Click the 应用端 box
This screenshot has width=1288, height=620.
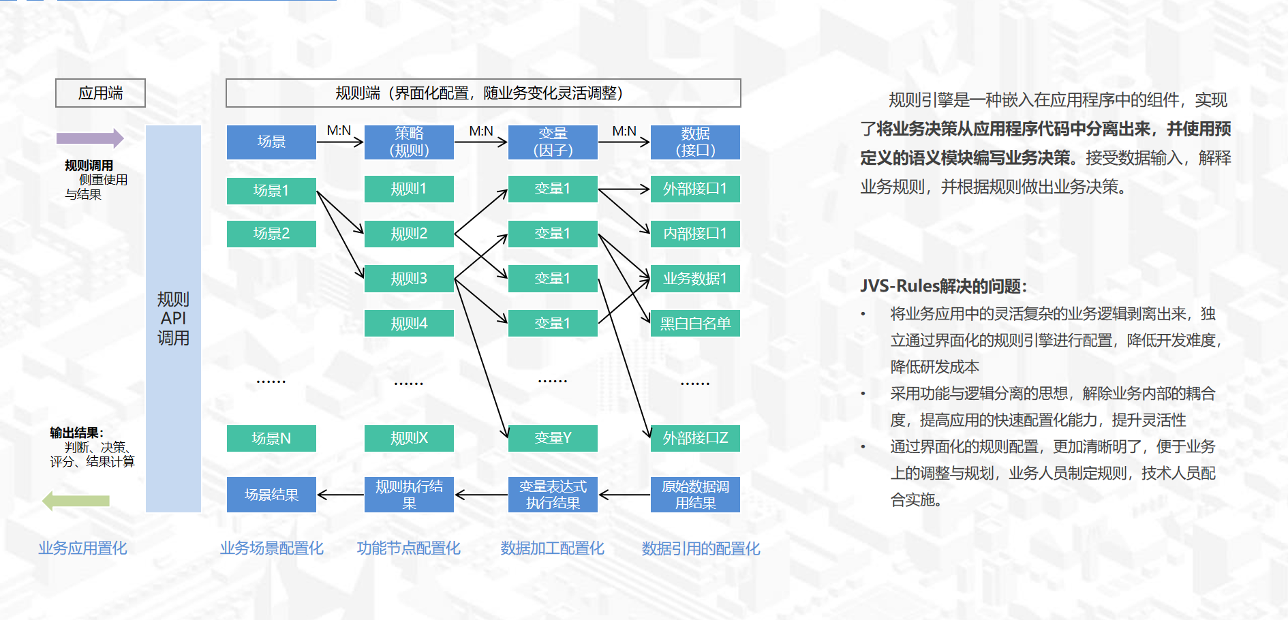pyautogui.click(x=100, y=93)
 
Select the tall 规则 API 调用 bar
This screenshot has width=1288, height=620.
pyautogui.click(x=173, y=318)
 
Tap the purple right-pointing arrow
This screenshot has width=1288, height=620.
pyautogui.click(x=89, y=138)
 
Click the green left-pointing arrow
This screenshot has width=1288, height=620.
pyautogui.click(x=76, y=501)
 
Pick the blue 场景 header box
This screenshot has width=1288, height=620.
pyautogui.click(x=271, y=142)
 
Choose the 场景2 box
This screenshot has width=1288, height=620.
pyautogui.click(x=271, y=234)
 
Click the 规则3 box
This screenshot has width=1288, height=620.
pyautogui.click(x=409, y=279)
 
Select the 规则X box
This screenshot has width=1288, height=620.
pyautogui.click(x=409, y=438)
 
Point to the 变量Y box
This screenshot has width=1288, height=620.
pyautogui.click(x=553, y=438)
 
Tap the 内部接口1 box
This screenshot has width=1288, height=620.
pyautogui.click(x=695, y=234)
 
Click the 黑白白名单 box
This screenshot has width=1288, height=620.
pyautogui.click(x=695, y=324)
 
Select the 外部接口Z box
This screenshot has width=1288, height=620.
pyautogui.click(x=695, y=438)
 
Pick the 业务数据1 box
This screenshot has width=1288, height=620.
pyautogui.click(x=695, y=279)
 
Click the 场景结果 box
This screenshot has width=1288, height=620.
pyautogui.click(x=271, y=495)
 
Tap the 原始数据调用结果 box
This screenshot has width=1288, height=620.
pyautogui.click(x=695, y=495)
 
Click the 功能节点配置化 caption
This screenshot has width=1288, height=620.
pyautogui.click(x=409, y=548)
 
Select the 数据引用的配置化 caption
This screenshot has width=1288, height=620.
pyautogui.click(x=701, y=548)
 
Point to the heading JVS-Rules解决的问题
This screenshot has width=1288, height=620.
pyautogui.click(x=943, y=286)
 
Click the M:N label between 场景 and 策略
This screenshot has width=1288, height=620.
pyautogui.click(x=339, y=131)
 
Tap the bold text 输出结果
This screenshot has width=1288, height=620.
pyautogui.click(x=75, y=433)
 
